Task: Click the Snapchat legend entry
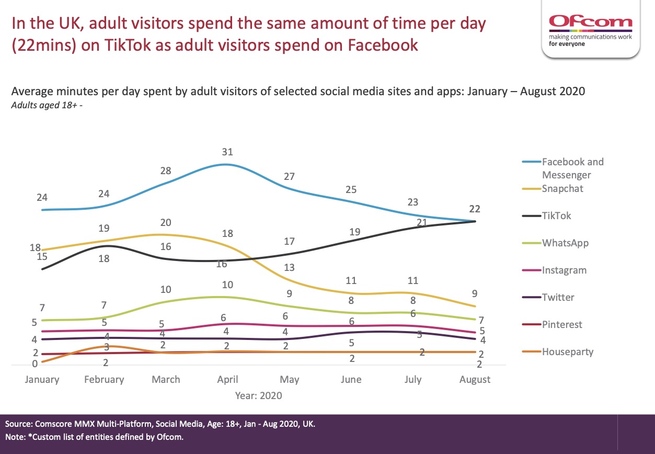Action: pyautogui.click(x=562, y=188)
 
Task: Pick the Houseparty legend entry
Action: pyautogui.click(x=567, y=351)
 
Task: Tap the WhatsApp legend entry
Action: pyautogui.click(x=565, y=243)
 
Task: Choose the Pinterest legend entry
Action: pyautogui.click(x=561, y=324)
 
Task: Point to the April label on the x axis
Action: pyautogui.click(x=227, y=379)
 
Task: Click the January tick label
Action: pyautogui.click(x=42, y=379)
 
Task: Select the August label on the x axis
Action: pyautogui.click(x=475, y=379)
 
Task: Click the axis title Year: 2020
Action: pyautogui.click(x=258, y=395)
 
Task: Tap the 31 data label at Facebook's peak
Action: pyautogui.click(x=227, y=152)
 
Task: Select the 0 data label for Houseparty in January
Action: pyautogui.click(x=35, y=364)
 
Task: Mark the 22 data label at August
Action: pyautogui.click(x=475, y=209)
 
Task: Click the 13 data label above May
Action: pyautogui.click(x=289, y=268)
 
